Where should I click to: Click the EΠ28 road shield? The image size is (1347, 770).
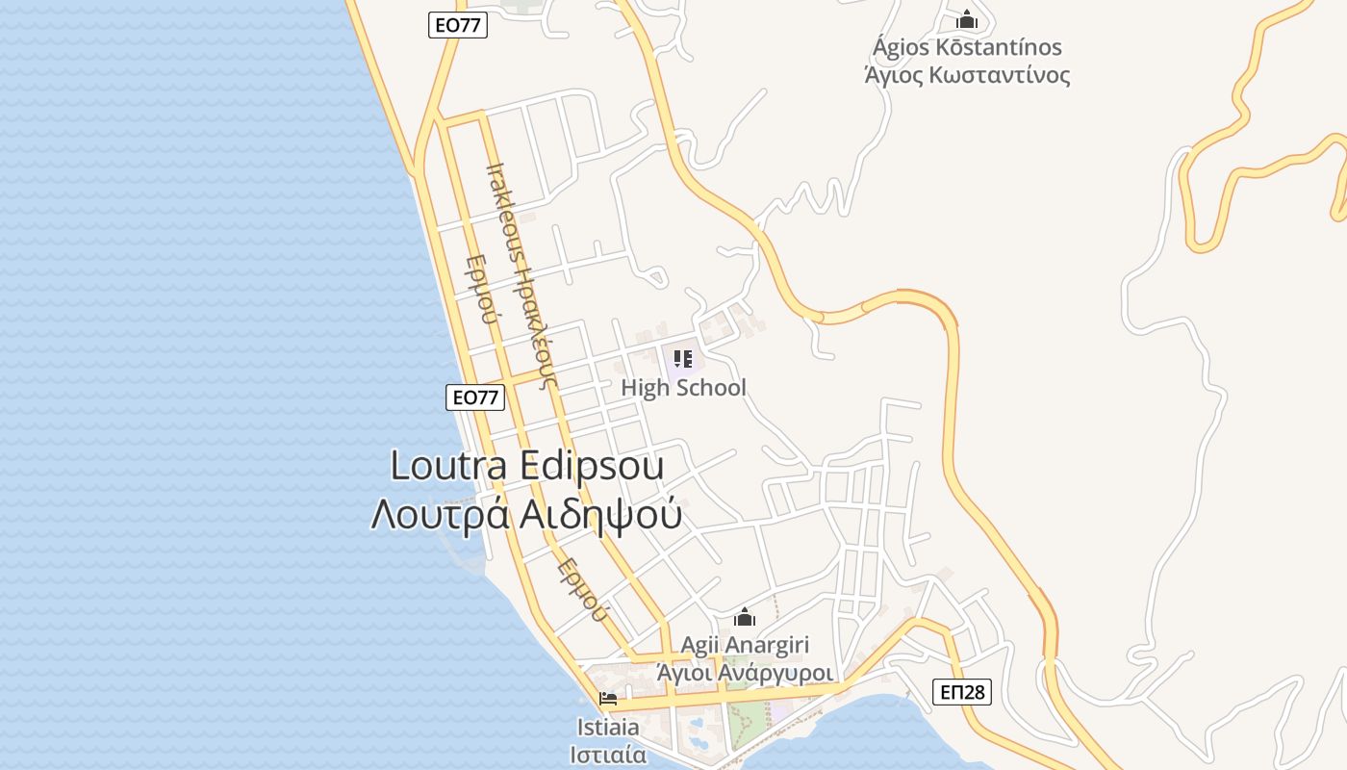tap(961, 692)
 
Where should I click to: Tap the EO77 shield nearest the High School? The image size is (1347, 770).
tap(475, 397)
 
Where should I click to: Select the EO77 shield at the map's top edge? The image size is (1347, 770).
tap(458, 26)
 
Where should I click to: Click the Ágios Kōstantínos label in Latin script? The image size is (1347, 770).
tap(967, 47)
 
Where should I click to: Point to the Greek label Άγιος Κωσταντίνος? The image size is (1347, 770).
tap(967, 75)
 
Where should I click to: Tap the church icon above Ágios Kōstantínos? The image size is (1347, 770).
tap(966, 19)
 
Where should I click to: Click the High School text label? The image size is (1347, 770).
tap(683, 388)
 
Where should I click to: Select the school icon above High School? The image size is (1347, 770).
tap(683, 360)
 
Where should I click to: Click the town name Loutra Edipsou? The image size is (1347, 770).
tap(527, 466)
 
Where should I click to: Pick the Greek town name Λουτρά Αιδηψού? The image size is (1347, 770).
tap(527, 515)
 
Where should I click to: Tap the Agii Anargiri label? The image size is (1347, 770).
tap(745, 645)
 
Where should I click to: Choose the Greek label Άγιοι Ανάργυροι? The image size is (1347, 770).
tap(745, 673)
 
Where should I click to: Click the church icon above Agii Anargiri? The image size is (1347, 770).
tap(745, 618)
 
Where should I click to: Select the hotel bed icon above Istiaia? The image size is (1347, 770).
tap(608, 699)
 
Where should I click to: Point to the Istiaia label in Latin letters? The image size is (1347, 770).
tap(608, 727)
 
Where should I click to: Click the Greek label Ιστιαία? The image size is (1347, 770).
tap(608, 754)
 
